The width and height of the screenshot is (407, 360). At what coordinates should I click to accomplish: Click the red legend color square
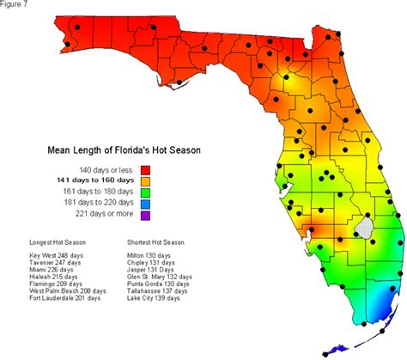pos(145,169)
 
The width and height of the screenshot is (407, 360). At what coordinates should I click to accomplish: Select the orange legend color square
pos(145,181)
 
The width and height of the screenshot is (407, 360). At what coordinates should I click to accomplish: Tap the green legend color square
pos(145,193)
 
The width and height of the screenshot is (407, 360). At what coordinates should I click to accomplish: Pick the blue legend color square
pos(145,205)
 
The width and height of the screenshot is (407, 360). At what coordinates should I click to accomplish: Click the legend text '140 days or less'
pos(106,169)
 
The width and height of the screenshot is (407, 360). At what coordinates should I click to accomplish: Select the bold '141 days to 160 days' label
pos(94,181)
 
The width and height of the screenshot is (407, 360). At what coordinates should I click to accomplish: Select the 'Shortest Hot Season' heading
pos(157,243)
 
